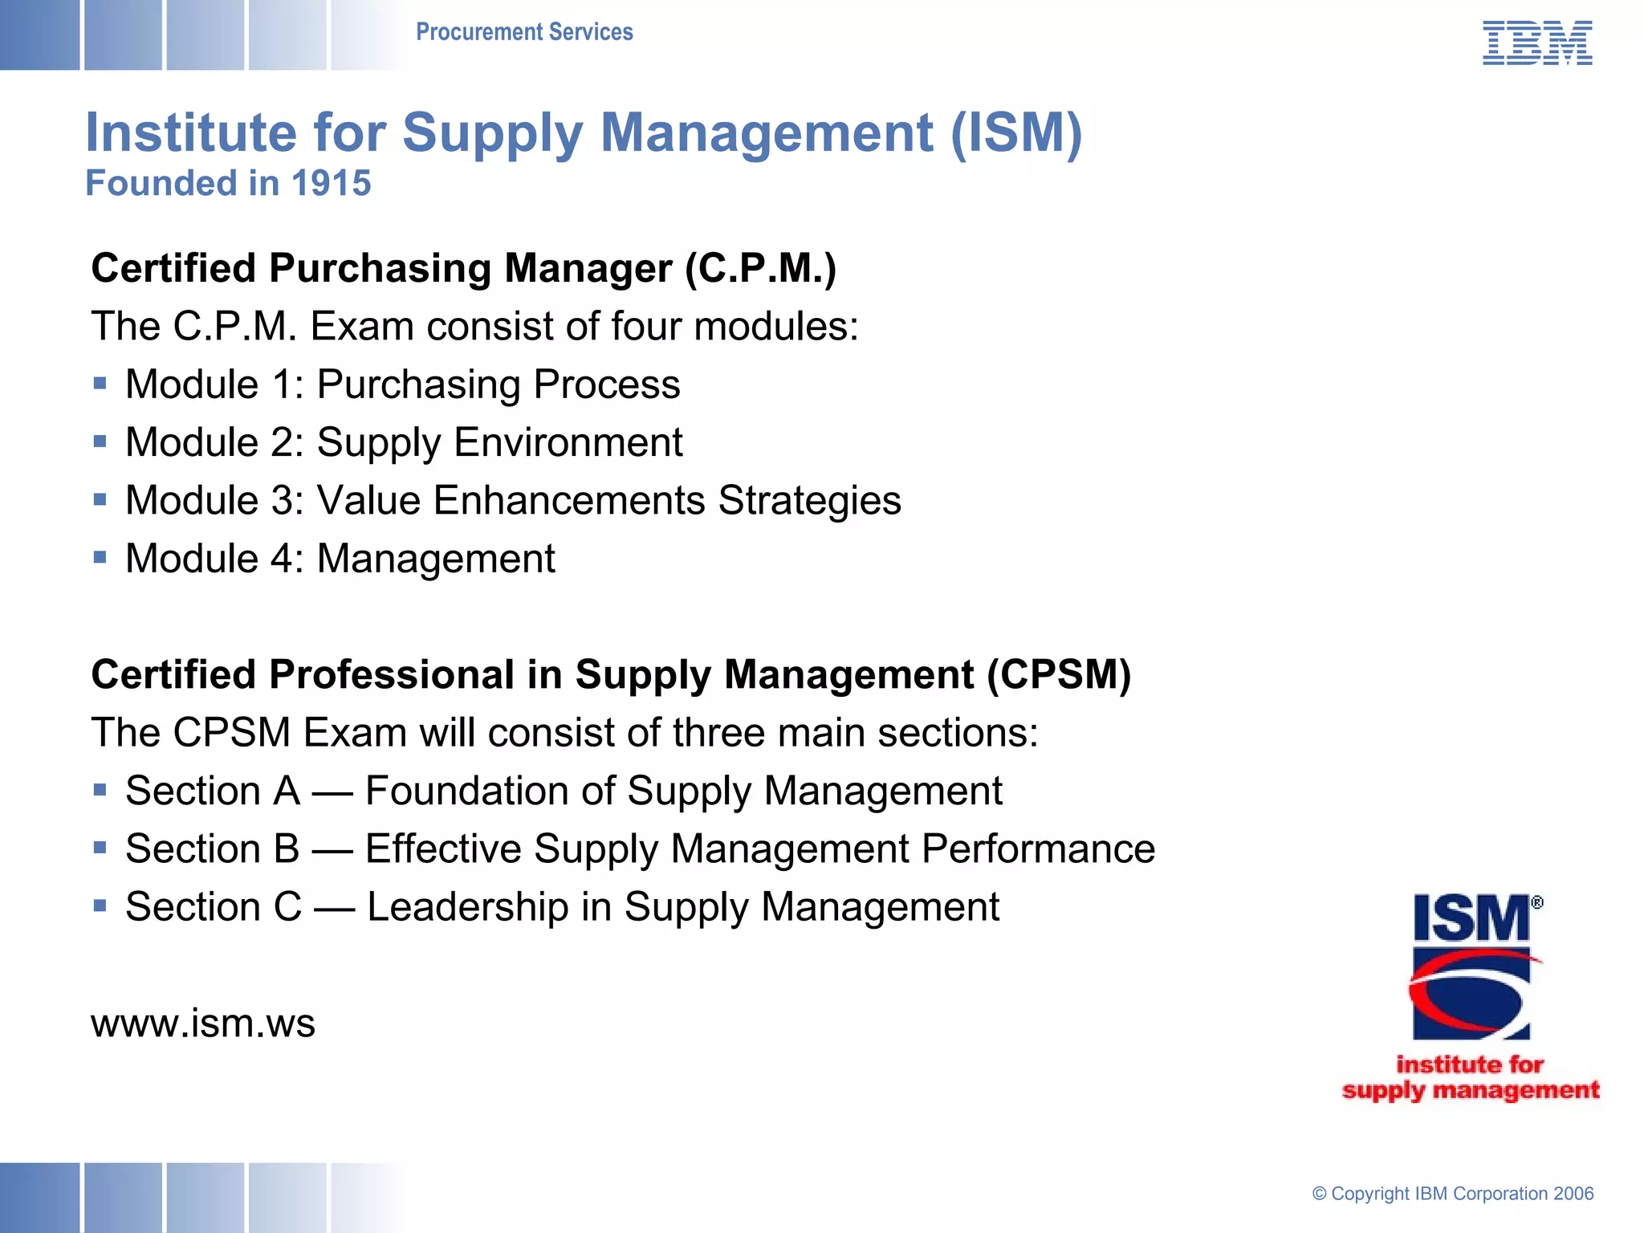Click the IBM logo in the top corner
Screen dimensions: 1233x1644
point(1536,43)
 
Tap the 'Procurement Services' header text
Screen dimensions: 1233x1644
point(524,32)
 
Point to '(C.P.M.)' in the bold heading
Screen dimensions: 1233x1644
point(760,268)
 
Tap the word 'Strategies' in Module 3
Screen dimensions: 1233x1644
point(809,500)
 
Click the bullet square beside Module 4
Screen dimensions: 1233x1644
point(100,557)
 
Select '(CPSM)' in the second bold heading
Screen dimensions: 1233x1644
point(1059,674)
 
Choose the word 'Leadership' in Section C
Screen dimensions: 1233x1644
point(468,907)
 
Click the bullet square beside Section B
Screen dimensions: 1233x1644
point(100,848)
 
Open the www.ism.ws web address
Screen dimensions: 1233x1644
point(203,1023)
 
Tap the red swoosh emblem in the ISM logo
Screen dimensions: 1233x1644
point(1471,994)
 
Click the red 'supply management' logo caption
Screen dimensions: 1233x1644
point(1471,1090)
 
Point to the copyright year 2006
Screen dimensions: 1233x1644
point(1573,1194)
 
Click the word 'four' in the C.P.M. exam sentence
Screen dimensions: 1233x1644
point(648,327)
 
